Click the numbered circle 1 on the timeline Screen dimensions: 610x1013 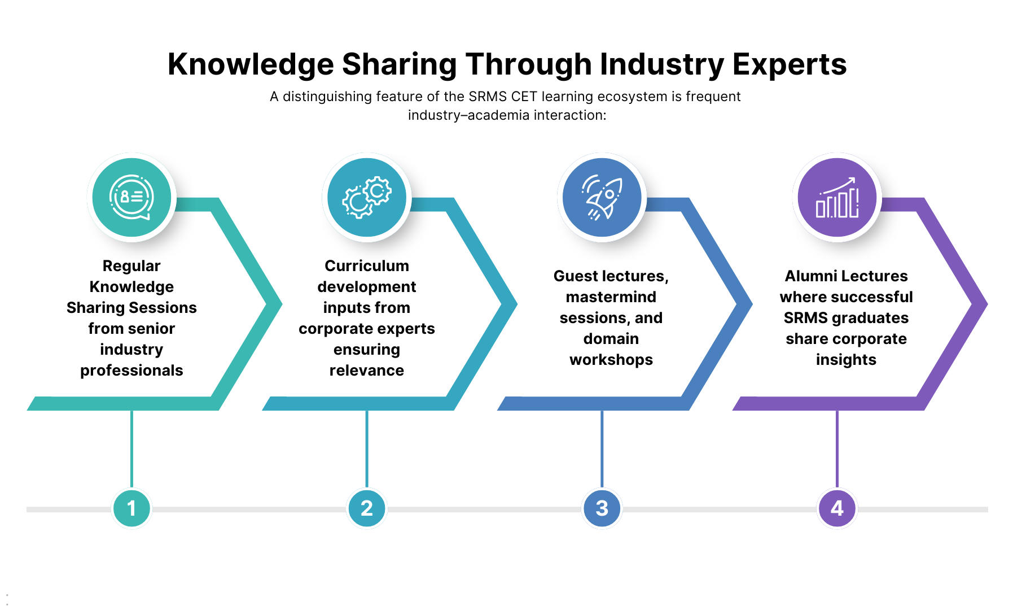[x=131, y=508]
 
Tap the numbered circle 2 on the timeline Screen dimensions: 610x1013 [x=367, y=508]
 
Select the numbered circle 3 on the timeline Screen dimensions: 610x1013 [x=602, y=508]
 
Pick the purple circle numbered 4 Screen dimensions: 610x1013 [x=837, y=508]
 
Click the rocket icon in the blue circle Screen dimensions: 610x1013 [x=602, y=198]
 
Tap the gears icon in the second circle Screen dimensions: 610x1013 [x=367, y=198]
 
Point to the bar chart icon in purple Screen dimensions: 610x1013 [x=837, y=198]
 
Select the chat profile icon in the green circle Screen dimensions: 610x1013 [x=131, y=198]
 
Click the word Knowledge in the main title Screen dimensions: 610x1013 [x=251, y=64]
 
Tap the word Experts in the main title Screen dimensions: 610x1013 [x=790, y=64]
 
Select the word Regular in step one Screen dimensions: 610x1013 [x=131, y=266]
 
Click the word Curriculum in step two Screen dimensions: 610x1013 [x=367, y=266]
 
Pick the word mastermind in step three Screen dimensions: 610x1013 [x=611, y=297]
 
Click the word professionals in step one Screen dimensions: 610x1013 [x=131, y=371]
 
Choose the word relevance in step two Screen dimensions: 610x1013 [x=367, y=371]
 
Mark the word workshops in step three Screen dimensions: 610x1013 [x=611, y=360]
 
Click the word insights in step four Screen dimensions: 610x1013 [x=846, y=360]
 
